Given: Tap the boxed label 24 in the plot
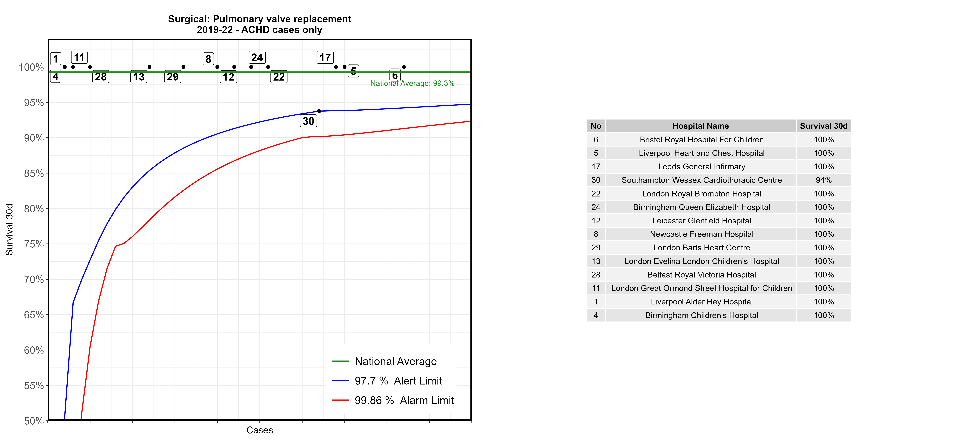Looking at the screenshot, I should tap(257, 57).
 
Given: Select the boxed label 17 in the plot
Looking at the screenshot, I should tap(325, 57).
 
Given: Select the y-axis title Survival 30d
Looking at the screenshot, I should tap(9, 229).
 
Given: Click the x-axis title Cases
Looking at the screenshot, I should tap(260, 430).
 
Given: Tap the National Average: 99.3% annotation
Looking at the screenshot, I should tap(412, 83).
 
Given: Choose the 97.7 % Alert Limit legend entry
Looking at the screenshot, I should tap(398, 381).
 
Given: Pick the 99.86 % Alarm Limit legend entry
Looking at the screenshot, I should tap(404, 400).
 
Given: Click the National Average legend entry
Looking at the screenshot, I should tap(395, 361).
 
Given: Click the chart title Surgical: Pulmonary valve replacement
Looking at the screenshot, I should tap(260, 19).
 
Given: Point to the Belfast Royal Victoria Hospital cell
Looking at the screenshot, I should tap(701, 275).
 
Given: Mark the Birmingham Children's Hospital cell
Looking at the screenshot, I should tap(701, 315).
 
